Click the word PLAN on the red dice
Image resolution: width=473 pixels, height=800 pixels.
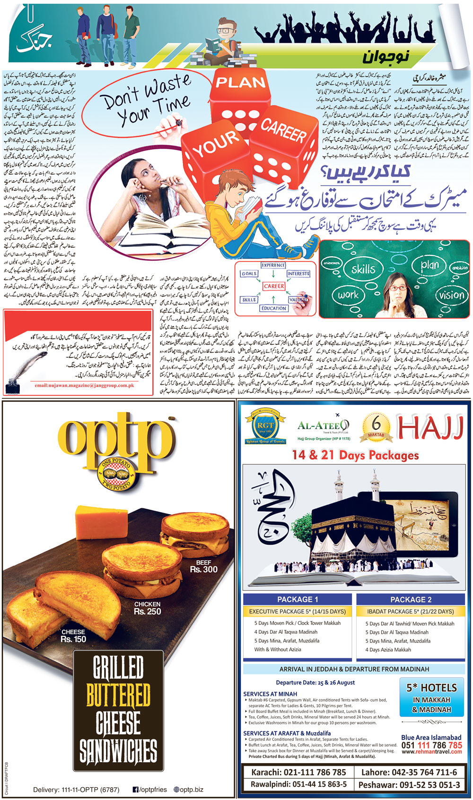pos(240,82)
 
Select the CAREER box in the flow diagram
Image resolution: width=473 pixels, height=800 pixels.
pos(274,286)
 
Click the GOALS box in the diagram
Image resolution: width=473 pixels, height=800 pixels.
pos(249,274)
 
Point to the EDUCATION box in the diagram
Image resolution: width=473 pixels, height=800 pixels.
pos(273,308)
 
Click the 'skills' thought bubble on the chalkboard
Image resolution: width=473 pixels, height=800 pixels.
pos(363,269)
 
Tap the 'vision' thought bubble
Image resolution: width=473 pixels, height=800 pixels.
pos(451,295)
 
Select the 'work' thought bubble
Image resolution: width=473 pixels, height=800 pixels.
pos(348,295)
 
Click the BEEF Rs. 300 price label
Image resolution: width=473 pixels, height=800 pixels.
pos(204,566)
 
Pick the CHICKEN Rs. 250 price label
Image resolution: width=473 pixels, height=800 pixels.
pos(147,608)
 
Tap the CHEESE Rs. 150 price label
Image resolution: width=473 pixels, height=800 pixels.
pos(73,636)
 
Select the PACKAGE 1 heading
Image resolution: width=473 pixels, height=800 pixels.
pos(298,599)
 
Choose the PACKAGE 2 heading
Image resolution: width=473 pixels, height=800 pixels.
pos(411,599)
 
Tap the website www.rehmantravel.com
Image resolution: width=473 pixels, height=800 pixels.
pos(431,752)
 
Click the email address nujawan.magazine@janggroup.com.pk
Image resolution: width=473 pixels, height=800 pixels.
pos(84,386)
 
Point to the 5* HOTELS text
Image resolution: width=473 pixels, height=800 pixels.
pos(431,688)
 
